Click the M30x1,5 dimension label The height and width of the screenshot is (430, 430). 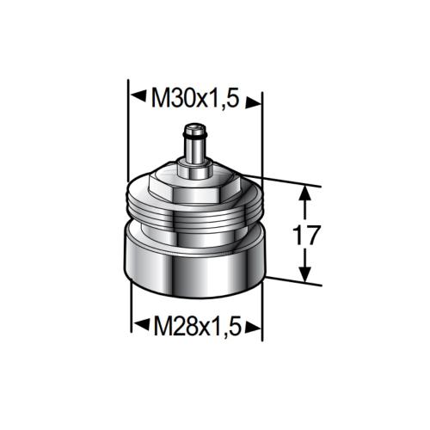(194, 101)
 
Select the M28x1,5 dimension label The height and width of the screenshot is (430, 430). (194, 326)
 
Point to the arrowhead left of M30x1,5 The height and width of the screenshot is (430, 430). (137, 101)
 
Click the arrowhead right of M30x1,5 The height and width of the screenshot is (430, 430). (253, 101)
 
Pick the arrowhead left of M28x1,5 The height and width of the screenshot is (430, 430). (138, 326)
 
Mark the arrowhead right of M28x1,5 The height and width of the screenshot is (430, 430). (253, 326)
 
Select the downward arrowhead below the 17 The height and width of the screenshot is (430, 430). (303, 274)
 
